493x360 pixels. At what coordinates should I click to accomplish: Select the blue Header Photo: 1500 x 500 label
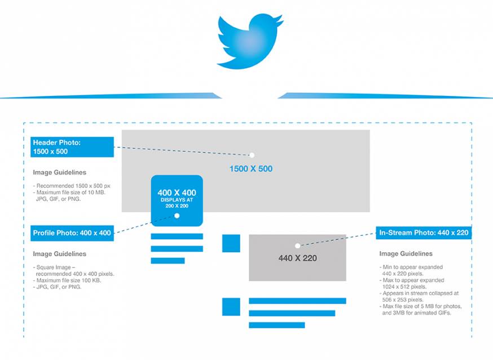72,147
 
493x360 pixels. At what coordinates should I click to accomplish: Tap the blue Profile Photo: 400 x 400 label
72,232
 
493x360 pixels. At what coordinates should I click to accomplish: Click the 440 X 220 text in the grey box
297,258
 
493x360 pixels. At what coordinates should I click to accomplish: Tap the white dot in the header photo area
252,155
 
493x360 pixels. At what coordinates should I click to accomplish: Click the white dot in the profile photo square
177,216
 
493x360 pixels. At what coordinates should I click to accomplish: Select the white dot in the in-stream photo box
297,245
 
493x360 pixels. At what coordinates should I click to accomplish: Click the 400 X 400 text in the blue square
177,193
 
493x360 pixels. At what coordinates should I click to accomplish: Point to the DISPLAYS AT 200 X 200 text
177,203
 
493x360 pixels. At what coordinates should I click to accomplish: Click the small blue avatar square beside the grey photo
231,243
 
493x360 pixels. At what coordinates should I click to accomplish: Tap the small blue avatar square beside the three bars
231,307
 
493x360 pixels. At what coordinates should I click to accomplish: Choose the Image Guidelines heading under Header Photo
60,173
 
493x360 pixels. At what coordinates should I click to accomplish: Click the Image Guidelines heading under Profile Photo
60,254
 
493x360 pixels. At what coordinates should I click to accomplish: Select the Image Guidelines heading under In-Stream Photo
406,254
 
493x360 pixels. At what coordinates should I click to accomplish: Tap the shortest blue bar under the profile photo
168,261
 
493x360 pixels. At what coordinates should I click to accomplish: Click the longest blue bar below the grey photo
297,301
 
